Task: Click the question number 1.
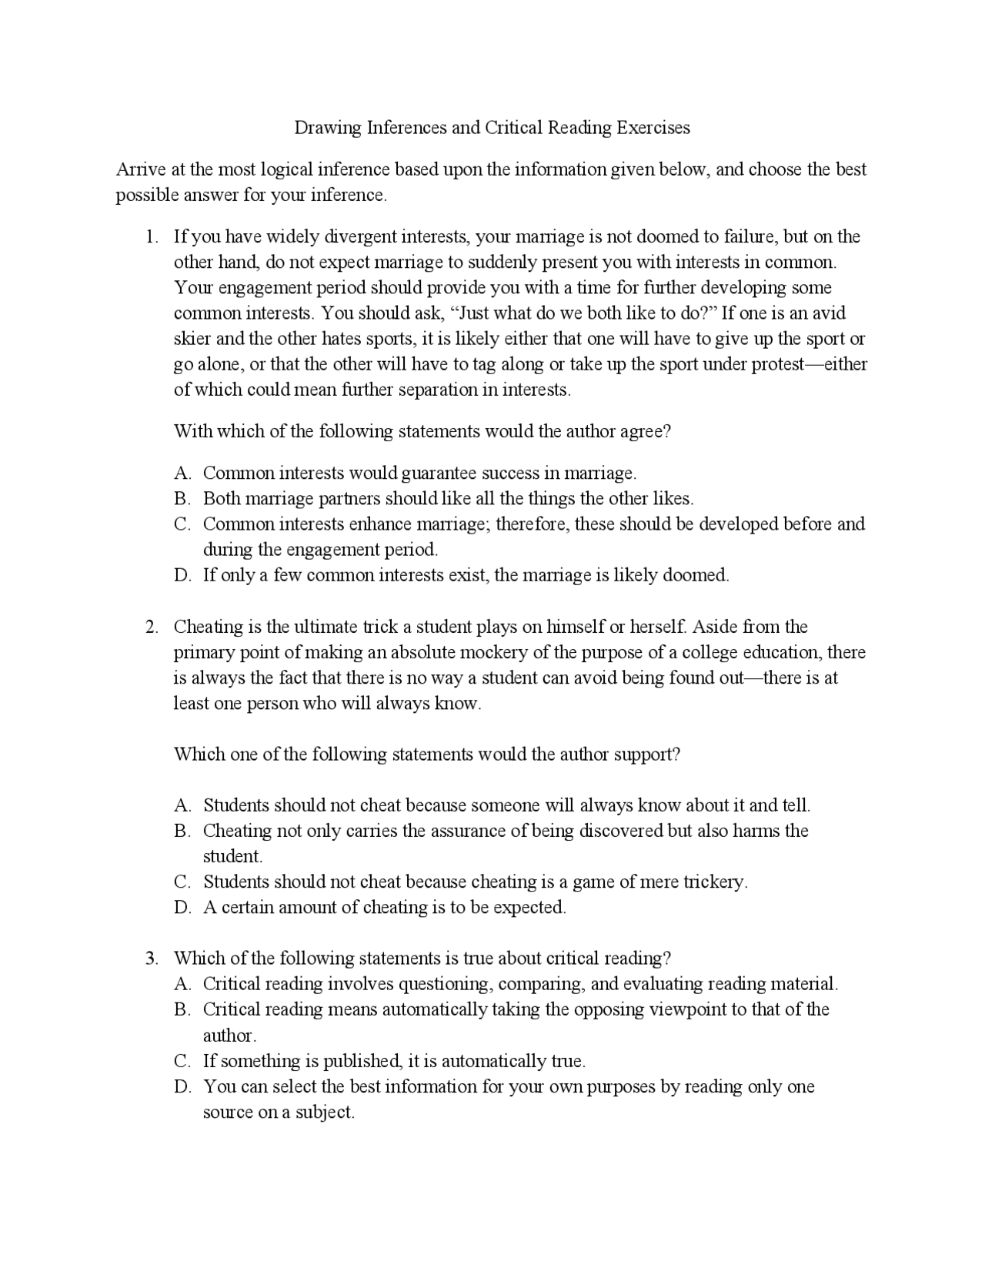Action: click(152, 236)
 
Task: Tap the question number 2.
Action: click(152, 627)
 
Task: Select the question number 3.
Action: click(152, 959)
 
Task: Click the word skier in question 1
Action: click(192, 339)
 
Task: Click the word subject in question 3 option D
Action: click(325, 1113)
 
